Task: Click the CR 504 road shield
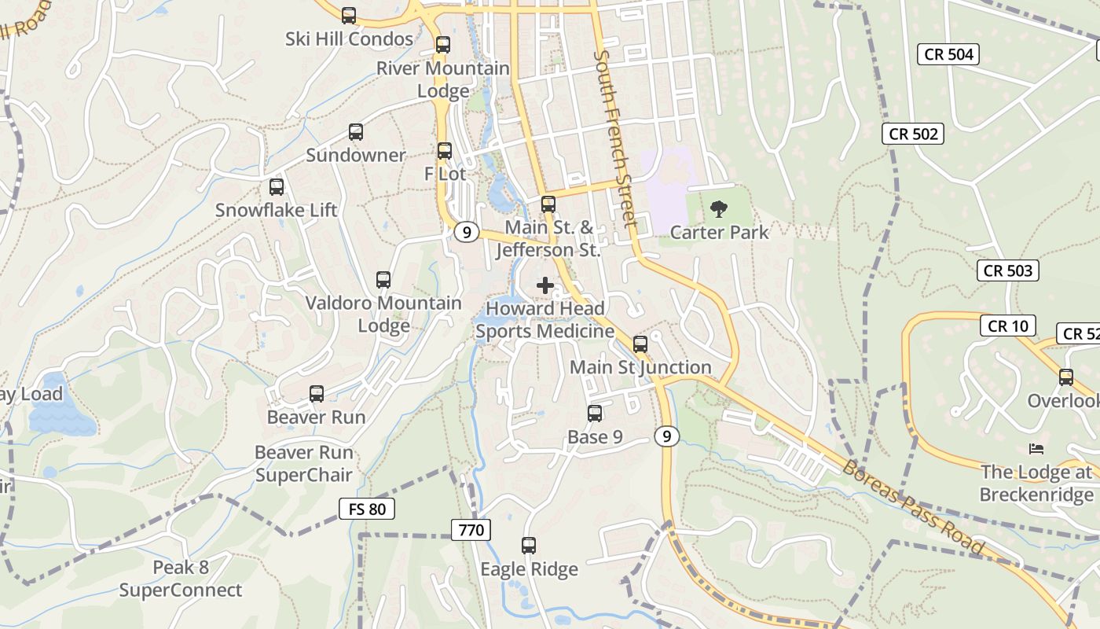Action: tap(949, 54)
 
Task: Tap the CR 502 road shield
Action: tap(913, 134)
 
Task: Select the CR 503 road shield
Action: tap(1008, 270)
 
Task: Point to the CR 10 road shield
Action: tap(1008, 326)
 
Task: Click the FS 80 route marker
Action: tap(367, 509)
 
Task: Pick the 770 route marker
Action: tap(471, 530)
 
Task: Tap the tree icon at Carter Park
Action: tap(718, 209)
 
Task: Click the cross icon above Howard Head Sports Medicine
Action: tap(545, 285)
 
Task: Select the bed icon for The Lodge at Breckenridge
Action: tap(1036, 449)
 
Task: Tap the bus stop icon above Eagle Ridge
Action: tap(529, 546)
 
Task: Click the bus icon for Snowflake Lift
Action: tap(277, 187)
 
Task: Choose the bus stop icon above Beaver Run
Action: tap(317, 394)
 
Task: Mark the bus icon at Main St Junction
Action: tap(640, 344)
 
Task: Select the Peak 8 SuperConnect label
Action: tap(181, 579)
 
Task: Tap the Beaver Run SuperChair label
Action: tap(303, 464)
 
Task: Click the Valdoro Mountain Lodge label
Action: tap(383, 314)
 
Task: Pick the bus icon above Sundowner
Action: tap(356, 132)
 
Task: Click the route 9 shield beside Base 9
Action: tap(666, 436)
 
